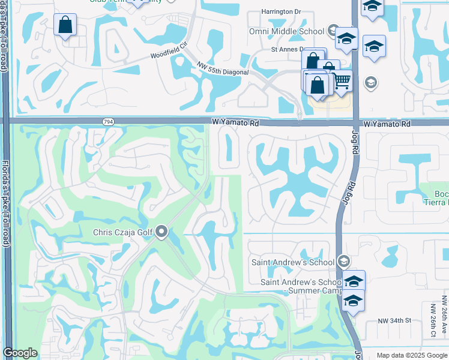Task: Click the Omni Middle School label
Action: click(x=287, y=31)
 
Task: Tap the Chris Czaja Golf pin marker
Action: click(x=161, y=232)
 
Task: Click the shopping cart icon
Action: click(x=342, y=80)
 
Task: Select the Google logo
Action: click(x=20, y=353)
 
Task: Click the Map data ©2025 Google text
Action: click(x=412, y=355)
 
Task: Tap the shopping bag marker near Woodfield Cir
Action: click(x=65, y=25)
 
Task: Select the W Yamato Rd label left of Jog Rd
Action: click(x=235, y=122)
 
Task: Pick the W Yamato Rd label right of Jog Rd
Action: click(x=387, y=124)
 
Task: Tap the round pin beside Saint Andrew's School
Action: click(x=343, y=262)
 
